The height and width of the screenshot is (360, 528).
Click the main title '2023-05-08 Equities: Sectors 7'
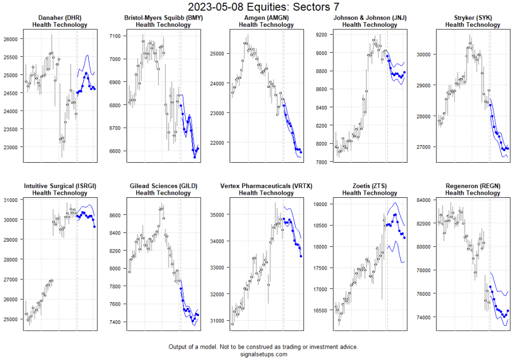tap(264, 7)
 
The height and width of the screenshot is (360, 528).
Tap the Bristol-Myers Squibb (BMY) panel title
tap(163, 18)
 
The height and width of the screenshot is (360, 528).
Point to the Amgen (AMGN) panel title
tap(266, 18)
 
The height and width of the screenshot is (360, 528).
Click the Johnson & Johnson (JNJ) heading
tap(370, 18)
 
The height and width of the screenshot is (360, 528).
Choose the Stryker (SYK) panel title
tap(473, 18)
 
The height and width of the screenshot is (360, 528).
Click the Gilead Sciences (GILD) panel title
tap(163, 186)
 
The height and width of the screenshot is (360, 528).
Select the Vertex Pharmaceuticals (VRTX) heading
tap(266, 186)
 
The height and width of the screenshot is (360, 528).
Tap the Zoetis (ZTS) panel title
tap(370, 186)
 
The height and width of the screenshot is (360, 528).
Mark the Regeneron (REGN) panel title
tap(473, 186)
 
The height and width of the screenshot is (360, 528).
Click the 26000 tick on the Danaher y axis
tap(10, 39)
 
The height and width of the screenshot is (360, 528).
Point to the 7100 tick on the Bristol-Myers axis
tap(115, 36)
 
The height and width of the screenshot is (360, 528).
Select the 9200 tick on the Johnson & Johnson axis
tap(322, 35)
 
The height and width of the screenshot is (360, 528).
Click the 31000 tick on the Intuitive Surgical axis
tap(10, 200)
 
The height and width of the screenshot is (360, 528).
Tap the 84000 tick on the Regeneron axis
tap(424, 200)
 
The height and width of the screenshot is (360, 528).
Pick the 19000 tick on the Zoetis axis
tap(321, 205)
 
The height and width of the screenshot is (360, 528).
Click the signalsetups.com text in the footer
tap(263, 354)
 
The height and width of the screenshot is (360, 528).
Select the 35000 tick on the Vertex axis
tap(217, 214)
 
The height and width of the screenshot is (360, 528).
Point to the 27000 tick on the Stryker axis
tap(424, 147)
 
